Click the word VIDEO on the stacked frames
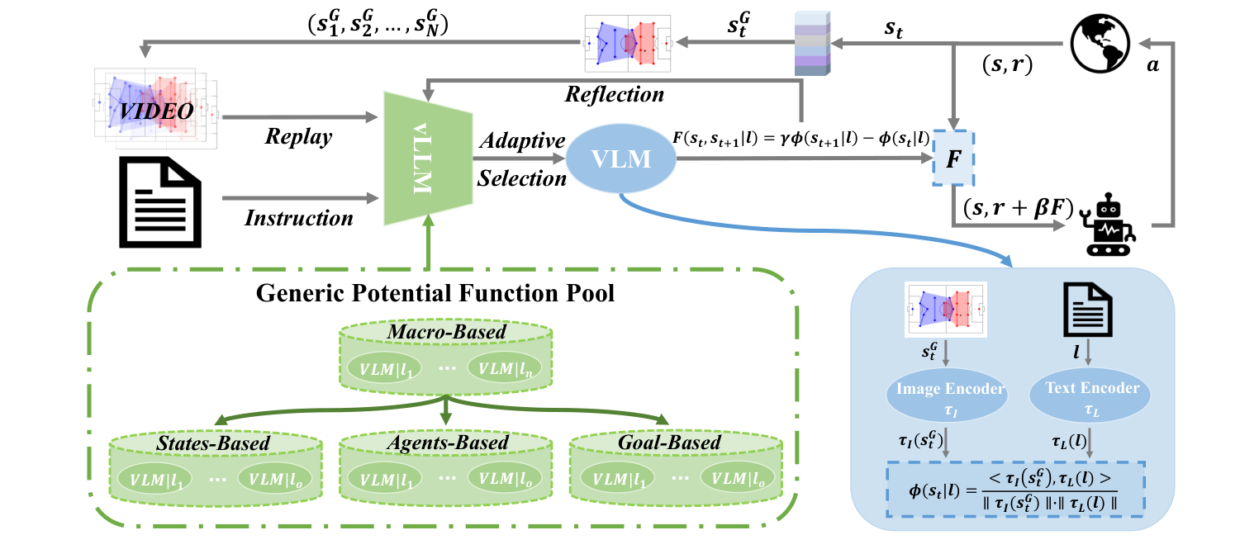[156, 111]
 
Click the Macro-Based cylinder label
[444, 333]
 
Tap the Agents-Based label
[447, 443]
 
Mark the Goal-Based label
[669, 443]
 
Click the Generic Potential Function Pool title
[435, 292]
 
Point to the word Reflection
[614, 94]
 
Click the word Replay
[298, 136]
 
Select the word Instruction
[299, 218]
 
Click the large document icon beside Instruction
[159, 201]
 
